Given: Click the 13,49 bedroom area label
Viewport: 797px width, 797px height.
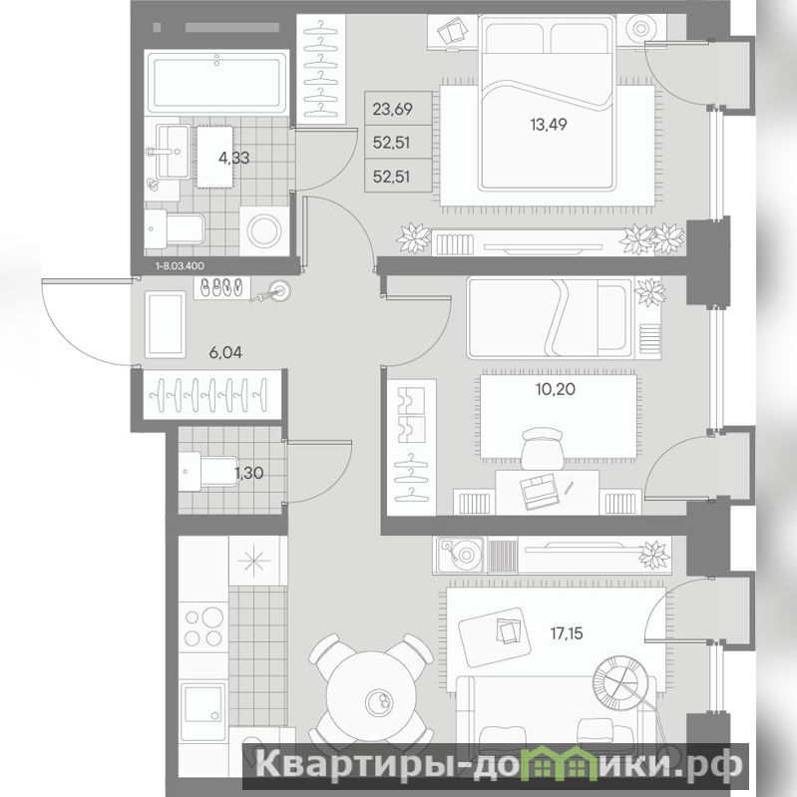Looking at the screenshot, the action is click(x=549, y=125).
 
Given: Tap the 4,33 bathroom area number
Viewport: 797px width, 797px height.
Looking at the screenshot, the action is click(x=233, y=158).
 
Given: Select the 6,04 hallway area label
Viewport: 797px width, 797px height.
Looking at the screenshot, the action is click(x=225, y=352).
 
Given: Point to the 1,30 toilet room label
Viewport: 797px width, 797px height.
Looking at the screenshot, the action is click(x=249, y=473).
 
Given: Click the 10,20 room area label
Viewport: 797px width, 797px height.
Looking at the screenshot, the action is click(x=555, y=389).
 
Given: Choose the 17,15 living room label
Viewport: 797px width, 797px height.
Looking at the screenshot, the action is click(x=567, y=633).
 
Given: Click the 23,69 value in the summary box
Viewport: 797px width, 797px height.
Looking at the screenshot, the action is click(x=392, y=109).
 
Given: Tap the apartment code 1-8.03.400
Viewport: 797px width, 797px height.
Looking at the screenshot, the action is click(x=180, y=265).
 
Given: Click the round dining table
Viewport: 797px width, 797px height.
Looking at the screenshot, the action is click(x=376, y=698).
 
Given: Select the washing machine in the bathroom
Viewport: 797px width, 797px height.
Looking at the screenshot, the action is click(x=263, y=230).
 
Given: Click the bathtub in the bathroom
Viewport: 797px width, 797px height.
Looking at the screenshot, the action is click(x=216, y=83).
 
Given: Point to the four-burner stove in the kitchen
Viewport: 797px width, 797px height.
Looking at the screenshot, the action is click(x=203, y=627).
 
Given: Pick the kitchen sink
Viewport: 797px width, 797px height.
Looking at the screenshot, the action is click(x=203, y=703).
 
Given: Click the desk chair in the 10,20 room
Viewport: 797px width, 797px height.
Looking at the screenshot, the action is click(x=543, y=447).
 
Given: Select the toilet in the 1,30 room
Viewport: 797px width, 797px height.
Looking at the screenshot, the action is click(x=208, y=471).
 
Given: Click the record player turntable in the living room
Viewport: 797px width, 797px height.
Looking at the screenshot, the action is click(x=460, y=555).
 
